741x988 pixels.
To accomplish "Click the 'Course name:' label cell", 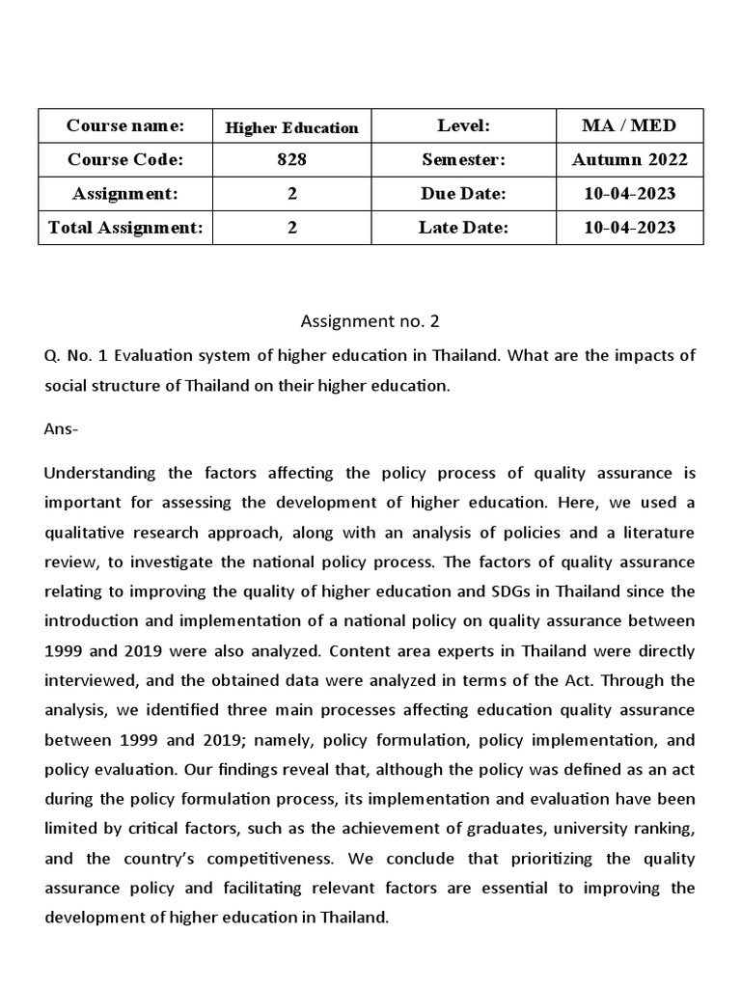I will click(x=124, y=125).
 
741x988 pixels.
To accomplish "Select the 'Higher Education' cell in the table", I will click(x=291, y=127).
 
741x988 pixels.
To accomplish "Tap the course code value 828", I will click(x=291, y=159).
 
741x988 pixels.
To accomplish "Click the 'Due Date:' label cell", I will click(x=463, y=193).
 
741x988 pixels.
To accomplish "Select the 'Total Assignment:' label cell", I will click(x=124, y=228).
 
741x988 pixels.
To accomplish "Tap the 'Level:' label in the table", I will click(x=463, y=125).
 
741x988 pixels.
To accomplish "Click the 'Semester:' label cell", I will click(x=463, y=159).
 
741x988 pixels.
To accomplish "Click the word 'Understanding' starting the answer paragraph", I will click(x=98, y=473).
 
